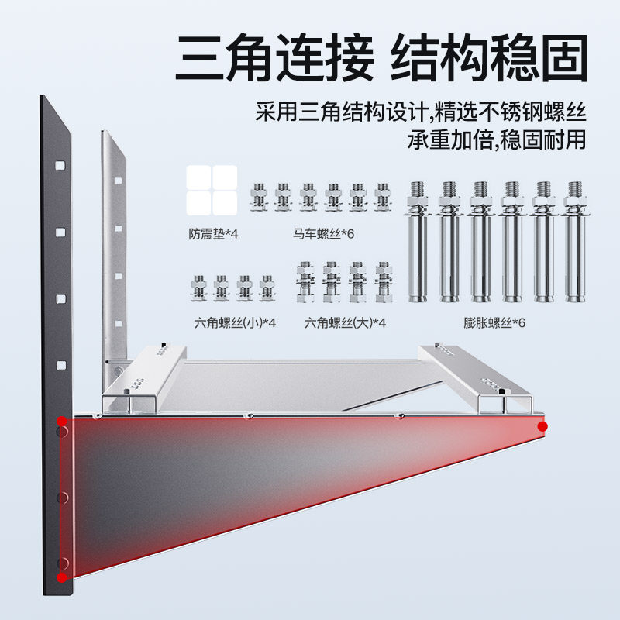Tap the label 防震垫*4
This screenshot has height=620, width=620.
[x=212, y=233]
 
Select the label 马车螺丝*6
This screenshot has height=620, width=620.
[x=324, y=233]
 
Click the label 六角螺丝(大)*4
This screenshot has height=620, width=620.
[x=345, y=322]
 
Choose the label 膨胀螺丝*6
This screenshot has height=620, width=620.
[x=494, y=322]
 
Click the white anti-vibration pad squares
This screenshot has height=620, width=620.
[x=212, y=191]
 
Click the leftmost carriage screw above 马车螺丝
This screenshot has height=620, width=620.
[x=258, y=198]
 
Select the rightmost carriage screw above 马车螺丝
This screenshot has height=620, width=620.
[x=382, y=198]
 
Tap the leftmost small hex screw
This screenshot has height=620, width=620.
[x=198, y=287]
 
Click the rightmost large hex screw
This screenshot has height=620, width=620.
[x=381, y=283]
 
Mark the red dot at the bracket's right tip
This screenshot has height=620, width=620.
[x=542, y=426]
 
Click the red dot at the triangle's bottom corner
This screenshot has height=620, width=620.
[x=61, y=577]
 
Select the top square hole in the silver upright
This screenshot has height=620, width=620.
[x=118, y=181]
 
